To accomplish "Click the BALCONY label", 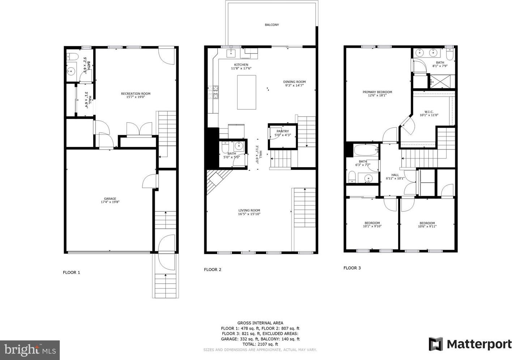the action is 272,25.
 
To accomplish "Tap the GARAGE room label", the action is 110,199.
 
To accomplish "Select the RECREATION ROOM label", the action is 136,94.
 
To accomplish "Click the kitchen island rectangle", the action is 246,92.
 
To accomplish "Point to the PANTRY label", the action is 283,131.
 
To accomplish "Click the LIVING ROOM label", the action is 249,211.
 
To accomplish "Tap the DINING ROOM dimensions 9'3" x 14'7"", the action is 294,85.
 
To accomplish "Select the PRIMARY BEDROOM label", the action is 377,92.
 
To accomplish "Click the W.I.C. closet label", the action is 429,112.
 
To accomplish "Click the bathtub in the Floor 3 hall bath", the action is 365,150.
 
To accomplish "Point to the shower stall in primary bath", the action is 442,81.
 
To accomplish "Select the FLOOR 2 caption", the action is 213,270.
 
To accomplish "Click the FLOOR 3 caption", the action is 352,268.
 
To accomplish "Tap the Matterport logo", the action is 470,344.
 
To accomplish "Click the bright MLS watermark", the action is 30,350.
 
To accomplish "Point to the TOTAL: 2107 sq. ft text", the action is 260,344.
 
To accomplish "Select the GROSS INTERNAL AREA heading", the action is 260,323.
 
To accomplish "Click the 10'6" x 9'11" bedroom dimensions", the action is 427,226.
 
